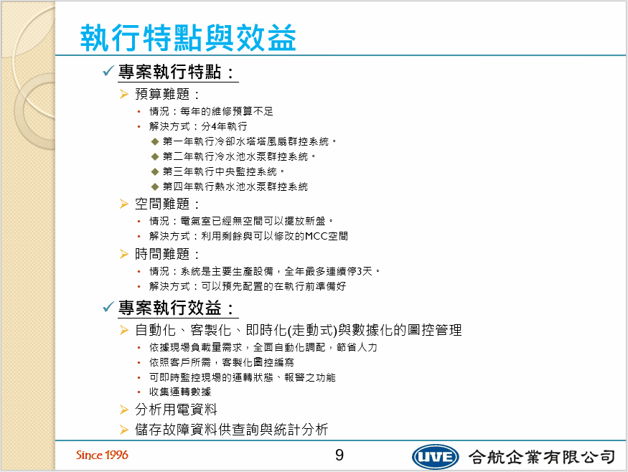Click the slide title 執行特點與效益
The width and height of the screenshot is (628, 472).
click(188, 37)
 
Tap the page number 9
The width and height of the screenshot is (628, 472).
click(339, 455)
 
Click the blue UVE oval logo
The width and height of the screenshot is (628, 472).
click(436, 457)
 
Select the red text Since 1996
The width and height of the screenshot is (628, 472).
click(102, 456)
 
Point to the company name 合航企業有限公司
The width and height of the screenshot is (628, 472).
click(542, 457)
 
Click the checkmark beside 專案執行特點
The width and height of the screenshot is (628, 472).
click(108, 71)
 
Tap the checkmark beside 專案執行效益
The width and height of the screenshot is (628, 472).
click(108, 307)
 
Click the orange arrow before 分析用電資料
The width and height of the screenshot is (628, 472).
click(124, 410)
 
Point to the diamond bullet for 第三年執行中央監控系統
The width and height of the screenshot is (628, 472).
click(155, 171)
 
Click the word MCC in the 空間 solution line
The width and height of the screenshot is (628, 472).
click(316, 236)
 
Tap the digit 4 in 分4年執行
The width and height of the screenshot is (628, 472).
click(215, 126)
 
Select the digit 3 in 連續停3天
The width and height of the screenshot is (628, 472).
click(360, 271)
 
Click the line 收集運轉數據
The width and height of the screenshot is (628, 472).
click(180, 392)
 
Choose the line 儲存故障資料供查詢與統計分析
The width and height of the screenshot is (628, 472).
click(232, 430)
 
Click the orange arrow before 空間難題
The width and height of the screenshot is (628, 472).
click(124, 204)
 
